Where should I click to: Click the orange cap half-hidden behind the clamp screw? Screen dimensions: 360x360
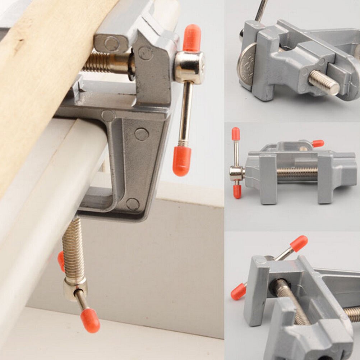pos(61,260)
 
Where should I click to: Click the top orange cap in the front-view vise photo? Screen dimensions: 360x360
pos(236,134)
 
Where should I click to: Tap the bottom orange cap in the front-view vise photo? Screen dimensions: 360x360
pos(237,191)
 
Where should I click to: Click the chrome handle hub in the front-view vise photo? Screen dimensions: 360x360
pos(236,173)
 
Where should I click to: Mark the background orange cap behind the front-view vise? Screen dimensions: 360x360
pos(318,143)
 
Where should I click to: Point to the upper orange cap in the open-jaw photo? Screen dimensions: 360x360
pos(299,243)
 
